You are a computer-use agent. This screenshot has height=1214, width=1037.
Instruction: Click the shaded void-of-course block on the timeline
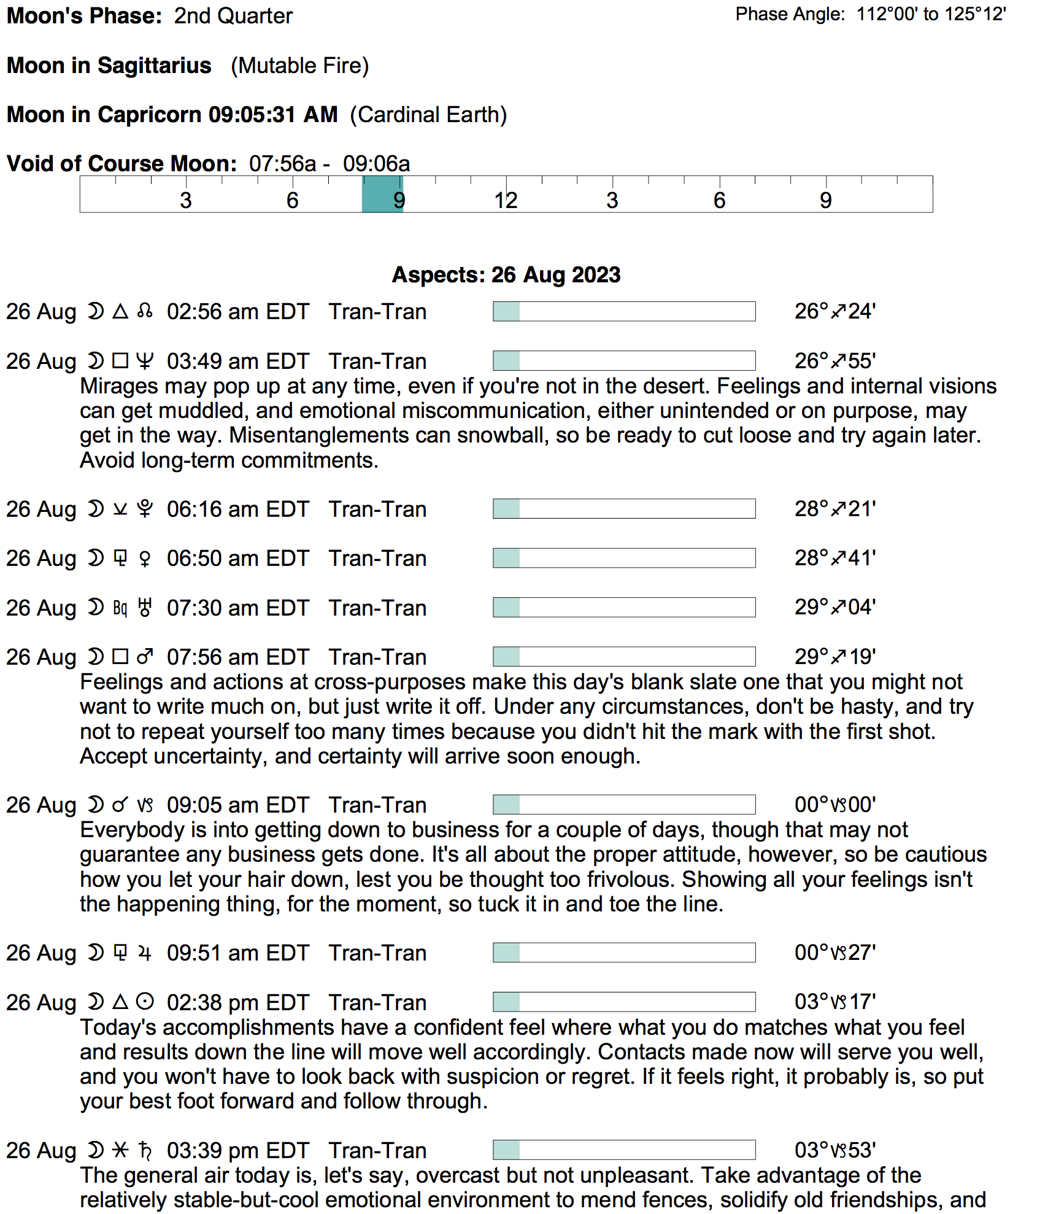382,195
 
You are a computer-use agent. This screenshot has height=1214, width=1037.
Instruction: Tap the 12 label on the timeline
506,200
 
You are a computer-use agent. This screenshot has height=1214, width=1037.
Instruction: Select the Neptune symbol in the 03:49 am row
145,361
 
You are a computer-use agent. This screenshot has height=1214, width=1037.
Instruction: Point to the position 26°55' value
835,361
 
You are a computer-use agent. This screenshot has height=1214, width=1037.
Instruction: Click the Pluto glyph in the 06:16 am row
145,509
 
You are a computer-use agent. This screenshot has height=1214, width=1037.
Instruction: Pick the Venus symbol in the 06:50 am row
145,559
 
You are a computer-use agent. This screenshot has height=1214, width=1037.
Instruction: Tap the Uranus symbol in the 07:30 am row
145,608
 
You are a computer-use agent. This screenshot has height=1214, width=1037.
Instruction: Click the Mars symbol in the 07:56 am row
145,657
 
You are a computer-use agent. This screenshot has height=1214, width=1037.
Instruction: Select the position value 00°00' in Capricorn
835,805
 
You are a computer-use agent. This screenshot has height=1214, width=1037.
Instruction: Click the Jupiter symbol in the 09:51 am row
145,953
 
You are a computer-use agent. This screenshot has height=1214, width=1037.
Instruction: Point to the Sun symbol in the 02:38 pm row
145,1002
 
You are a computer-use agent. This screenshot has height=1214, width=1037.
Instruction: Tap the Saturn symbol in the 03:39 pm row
145,1150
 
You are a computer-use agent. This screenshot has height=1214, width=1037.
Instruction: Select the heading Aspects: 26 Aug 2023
506,274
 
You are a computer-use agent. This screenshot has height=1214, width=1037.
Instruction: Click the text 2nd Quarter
233,16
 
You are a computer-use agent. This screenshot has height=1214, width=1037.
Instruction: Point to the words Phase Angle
790,14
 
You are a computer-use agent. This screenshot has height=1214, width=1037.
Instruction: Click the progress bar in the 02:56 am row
623,311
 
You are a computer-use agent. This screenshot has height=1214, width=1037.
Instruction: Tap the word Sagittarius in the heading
154,66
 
